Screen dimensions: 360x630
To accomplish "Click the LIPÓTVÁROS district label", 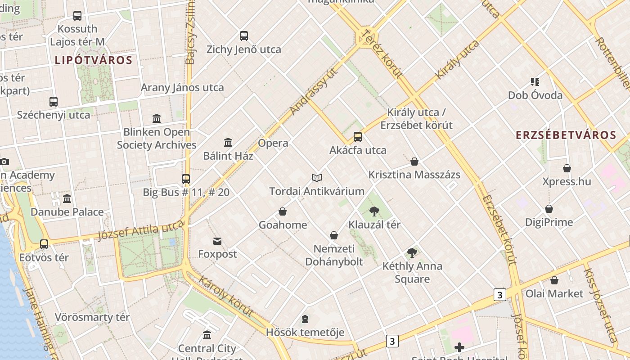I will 94,60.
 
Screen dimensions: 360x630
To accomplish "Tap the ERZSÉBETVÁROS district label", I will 566,135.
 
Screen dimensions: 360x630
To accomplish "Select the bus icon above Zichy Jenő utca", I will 244,36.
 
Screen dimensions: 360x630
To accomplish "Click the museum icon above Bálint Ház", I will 228,142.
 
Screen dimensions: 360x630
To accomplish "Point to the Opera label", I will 273,143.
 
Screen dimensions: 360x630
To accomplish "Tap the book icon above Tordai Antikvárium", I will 317,178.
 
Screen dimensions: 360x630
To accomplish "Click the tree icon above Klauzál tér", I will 374,211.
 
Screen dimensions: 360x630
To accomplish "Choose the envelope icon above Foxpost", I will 217,241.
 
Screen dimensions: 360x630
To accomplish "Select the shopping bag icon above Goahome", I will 283,211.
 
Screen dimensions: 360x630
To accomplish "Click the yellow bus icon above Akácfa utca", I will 358,136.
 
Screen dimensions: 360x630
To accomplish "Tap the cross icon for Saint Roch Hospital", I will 459,347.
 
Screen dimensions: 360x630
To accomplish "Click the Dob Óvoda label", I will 535,95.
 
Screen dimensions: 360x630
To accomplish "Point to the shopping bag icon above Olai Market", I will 554,280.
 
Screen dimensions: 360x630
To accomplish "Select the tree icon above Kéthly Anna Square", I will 412,252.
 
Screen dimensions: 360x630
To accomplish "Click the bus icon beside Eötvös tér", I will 44,244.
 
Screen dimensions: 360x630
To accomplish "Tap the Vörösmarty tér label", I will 92,317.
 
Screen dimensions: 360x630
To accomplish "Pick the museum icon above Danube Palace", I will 67,198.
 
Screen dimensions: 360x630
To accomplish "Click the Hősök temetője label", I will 305,333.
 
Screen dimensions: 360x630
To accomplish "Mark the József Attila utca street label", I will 141,231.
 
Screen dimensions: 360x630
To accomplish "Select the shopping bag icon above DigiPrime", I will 549,209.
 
